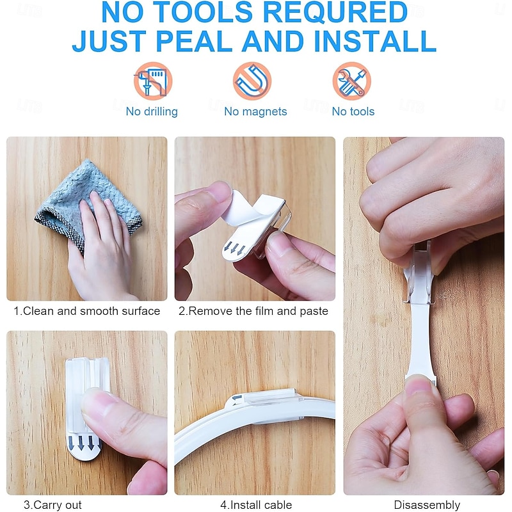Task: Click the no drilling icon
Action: click(153, 81)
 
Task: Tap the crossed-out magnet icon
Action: click(252, 81)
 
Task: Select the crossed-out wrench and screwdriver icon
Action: click(351, 81)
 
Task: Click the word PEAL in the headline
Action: click(195, 41)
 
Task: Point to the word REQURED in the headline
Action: click(335, 12)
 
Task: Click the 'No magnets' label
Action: click(255, 111)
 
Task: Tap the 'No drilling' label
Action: click(152, 111)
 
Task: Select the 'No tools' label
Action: click(353, 111)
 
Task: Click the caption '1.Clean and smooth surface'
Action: click(87, 311)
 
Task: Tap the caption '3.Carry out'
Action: click(52, 505)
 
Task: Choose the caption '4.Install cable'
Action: click(256, 505)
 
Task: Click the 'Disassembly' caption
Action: click(427, 505)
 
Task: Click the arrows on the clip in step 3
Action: click(86, 442)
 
